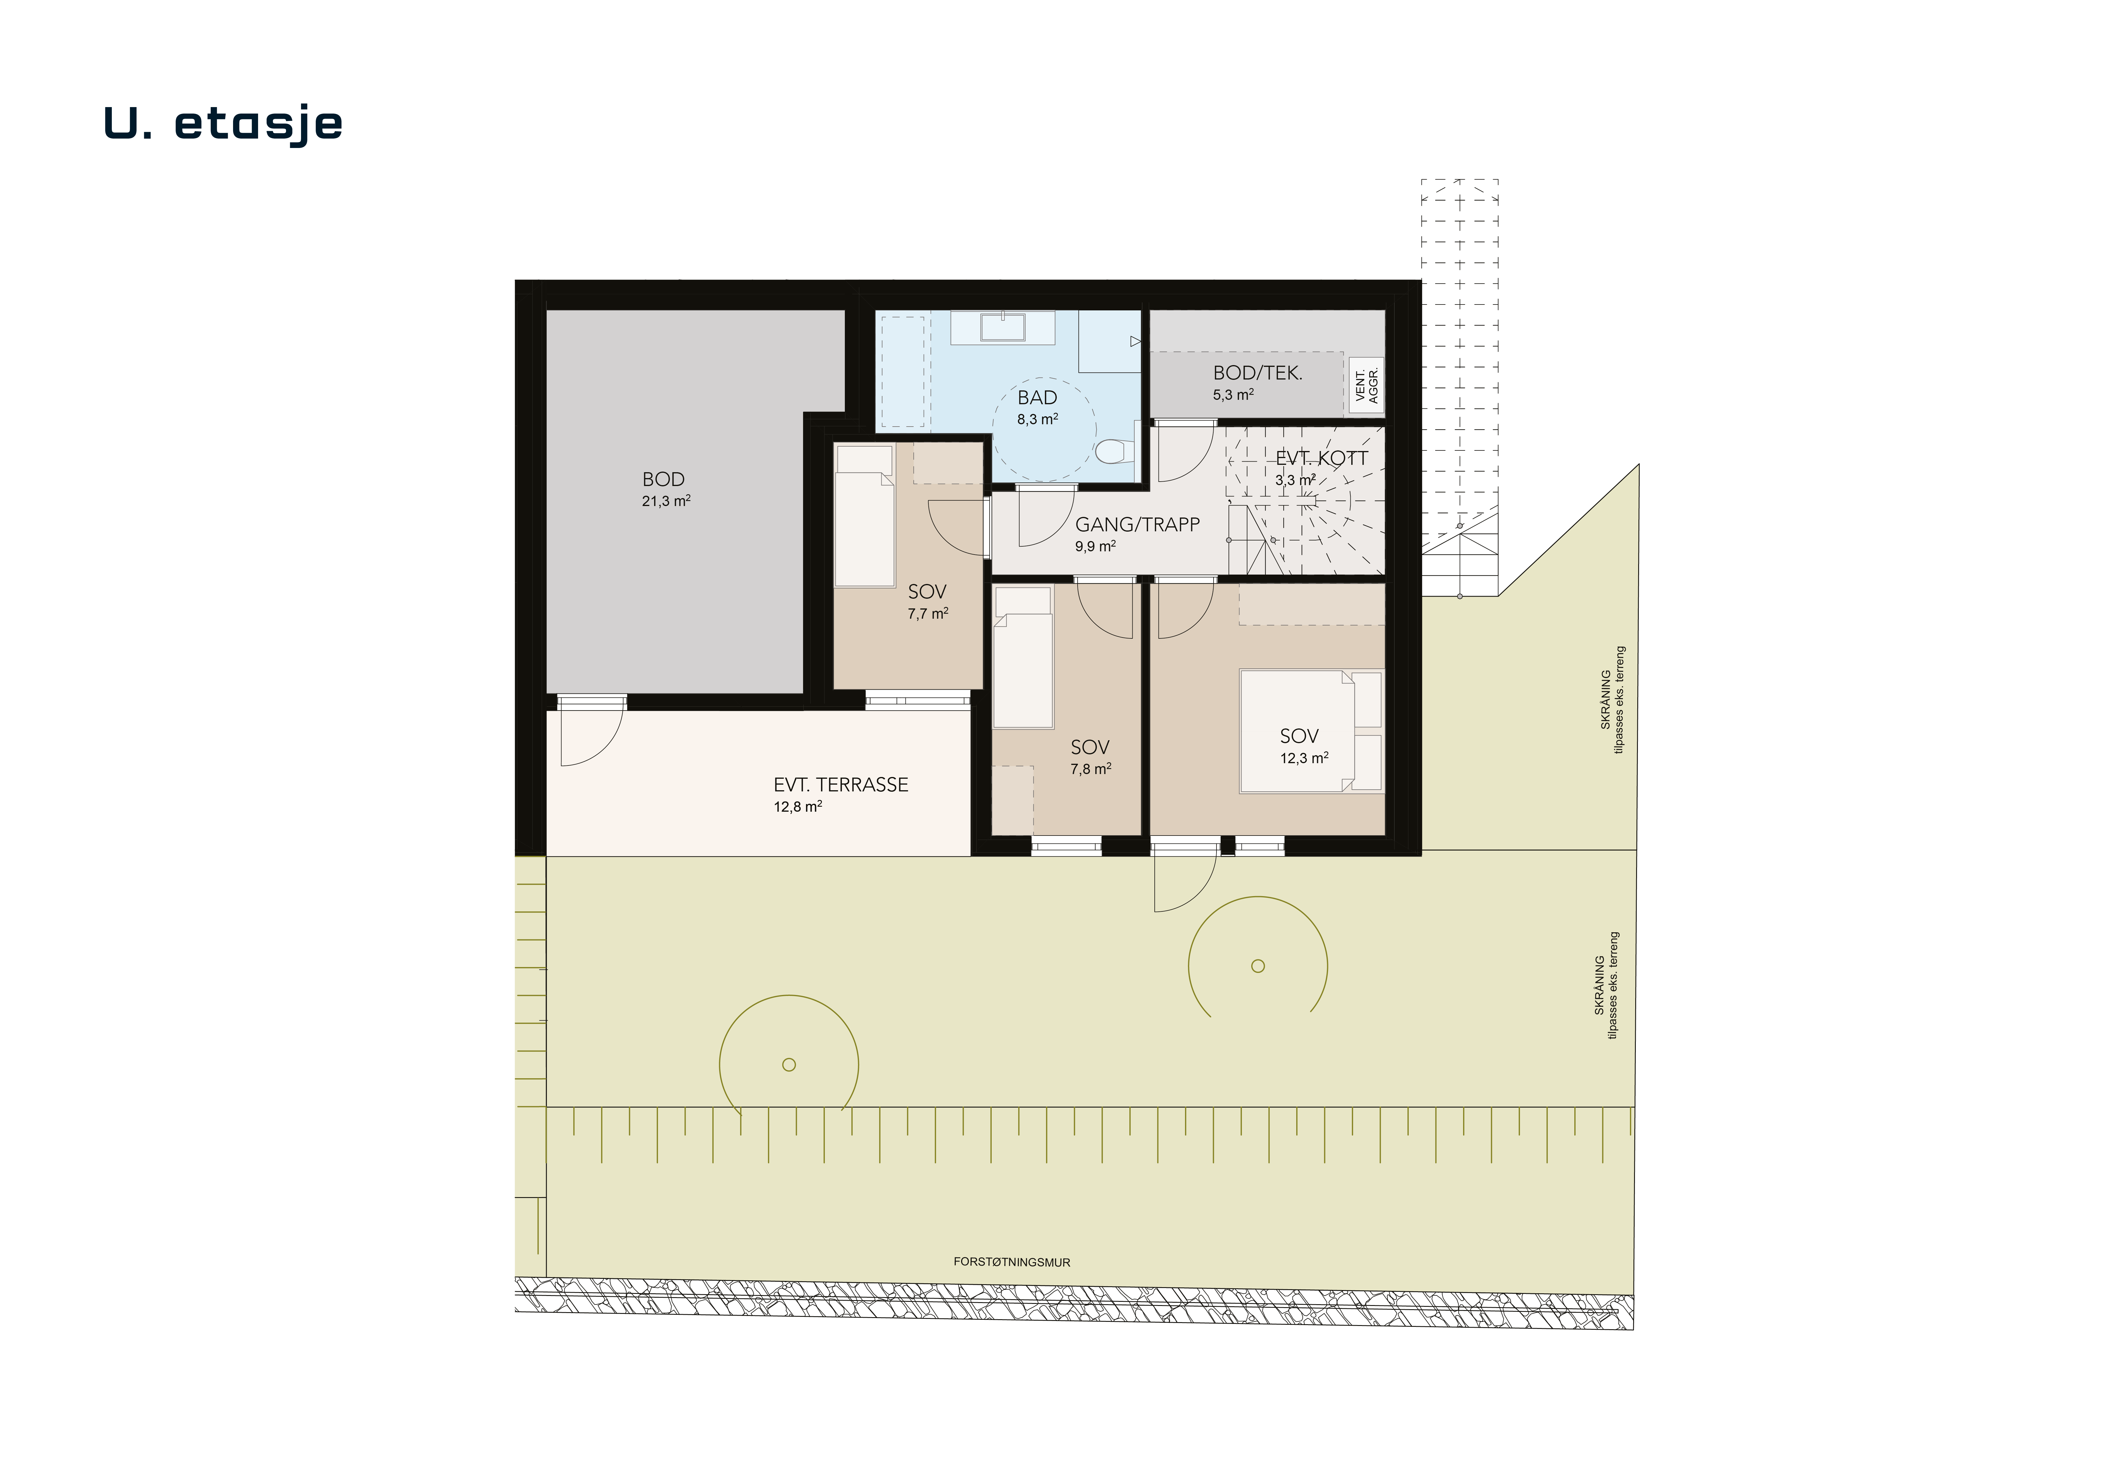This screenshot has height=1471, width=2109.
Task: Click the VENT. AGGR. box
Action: (1367, 386)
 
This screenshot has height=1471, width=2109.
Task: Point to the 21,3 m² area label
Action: (666, 501)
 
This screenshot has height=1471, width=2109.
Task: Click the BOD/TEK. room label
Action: (1257, 373)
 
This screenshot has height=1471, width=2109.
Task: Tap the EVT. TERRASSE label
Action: (840, 785)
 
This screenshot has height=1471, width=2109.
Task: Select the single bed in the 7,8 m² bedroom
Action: (1023, 658)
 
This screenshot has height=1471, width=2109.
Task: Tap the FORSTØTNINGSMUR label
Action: (1011, 1263)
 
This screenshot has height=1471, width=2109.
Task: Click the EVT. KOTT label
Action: (1322, 458)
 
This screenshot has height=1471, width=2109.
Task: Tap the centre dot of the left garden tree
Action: (789, 1065)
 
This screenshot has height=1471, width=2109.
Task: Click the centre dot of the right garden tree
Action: (1258, 966)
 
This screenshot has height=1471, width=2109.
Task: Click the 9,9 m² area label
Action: (1096, 546)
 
